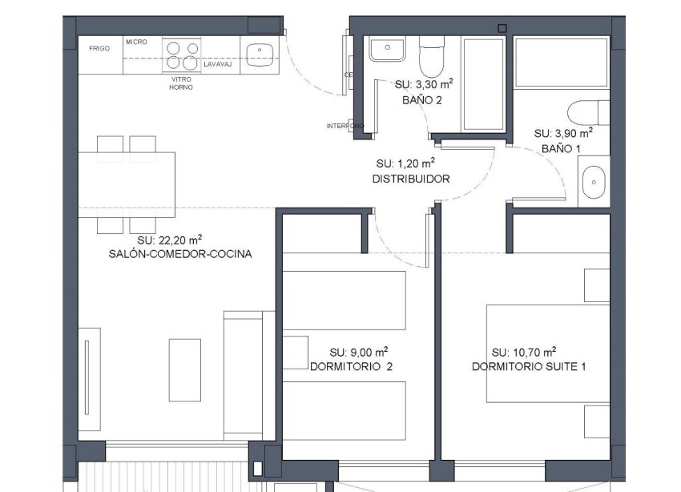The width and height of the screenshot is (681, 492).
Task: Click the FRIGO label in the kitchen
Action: (99, 49)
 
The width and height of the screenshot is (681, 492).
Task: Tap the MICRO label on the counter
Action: (136, 41)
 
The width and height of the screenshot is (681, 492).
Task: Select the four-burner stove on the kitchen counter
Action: (181, 57)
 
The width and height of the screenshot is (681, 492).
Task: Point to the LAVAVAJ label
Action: (217, 64)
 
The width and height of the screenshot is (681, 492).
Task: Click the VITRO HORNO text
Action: (181, 83)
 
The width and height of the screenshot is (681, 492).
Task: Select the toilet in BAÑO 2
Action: (431, 57)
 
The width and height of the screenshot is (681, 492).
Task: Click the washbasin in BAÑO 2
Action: (388, 50)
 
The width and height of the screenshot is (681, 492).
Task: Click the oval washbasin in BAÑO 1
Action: (594, 182)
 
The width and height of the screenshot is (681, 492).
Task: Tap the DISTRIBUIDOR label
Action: (411, 179)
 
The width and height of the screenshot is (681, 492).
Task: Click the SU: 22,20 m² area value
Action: (169, 240)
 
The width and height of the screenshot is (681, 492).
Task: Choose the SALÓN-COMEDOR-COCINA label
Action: (180, 255)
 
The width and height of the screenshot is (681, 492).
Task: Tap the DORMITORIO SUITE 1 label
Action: (529, 367)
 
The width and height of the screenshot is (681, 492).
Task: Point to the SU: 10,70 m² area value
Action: (524, 352)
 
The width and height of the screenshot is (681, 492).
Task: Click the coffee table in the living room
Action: (184, 370)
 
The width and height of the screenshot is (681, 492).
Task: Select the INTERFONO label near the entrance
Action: (345, 126)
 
